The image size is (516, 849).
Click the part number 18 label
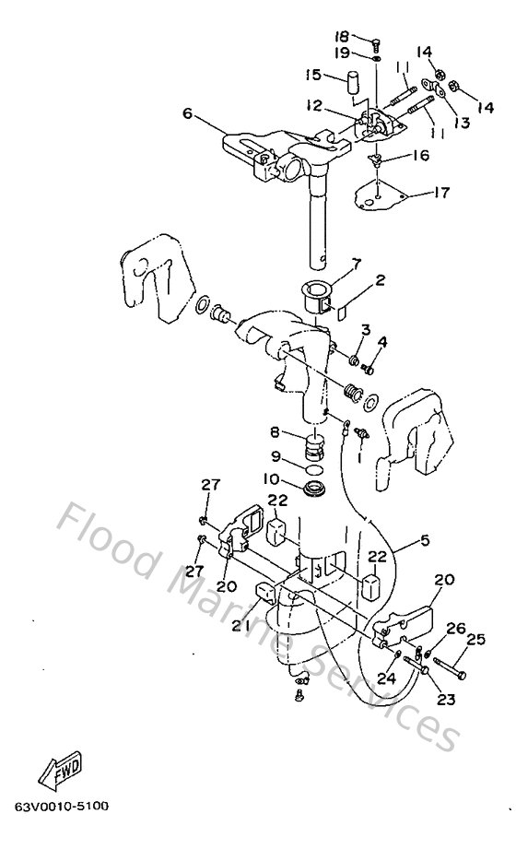[342, 37]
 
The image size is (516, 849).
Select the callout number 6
[187, 113]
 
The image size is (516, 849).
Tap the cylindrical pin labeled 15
[351, 81]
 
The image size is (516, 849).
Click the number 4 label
[382, 342]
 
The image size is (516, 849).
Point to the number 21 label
[241, 626]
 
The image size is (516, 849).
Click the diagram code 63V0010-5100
[61, 807]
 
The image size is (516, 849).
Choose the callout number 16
[420, 156]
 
